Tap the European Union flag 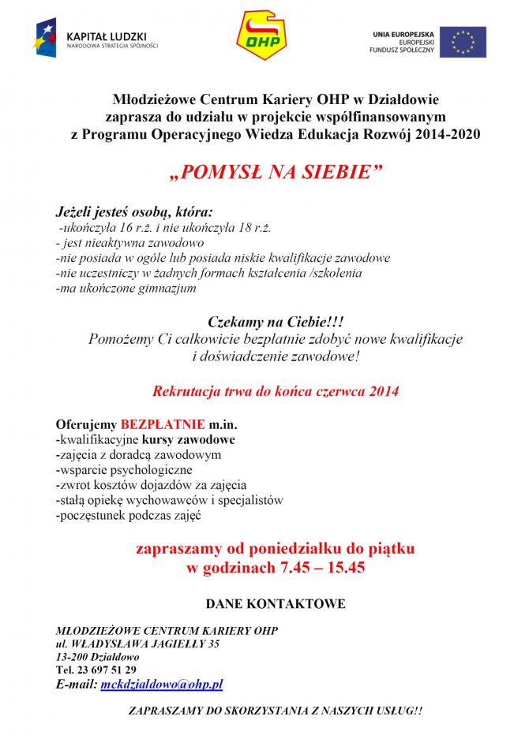click(x=463, y=42)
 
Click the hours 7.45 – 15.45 click(x=322, y=567)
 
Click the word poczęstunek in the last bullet click(x=86, y=516)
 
